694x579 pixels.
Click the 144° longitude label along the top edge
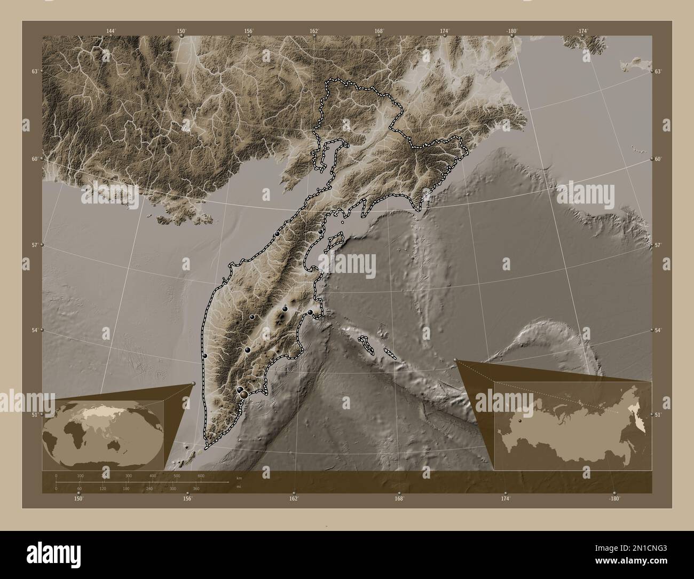pyautogui.click(x=111, y=32)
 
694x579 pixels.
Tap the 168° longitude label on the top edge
pyautogui.click(x=379, y=32)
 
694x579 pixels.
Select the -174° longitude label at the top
pyautogui.click(x=582, y=32)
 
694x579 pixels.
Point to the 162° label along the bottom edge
pyautogui.click(x=293, y=499)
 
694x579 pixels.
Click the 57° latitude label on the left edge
pyautogui.click(x=35, y=245)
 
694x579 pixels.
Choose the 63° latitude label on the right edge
pyautogui.click(x=658, y=71)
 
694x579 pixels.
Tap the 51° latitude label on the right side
pyautogui.click(x=658, y=414)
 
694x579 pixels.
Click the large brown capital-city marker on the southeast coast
pyautogui.click(x=244, y=395)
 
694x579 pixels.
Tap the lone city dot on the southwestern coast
pyautogui.click(x=204, y=356)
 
